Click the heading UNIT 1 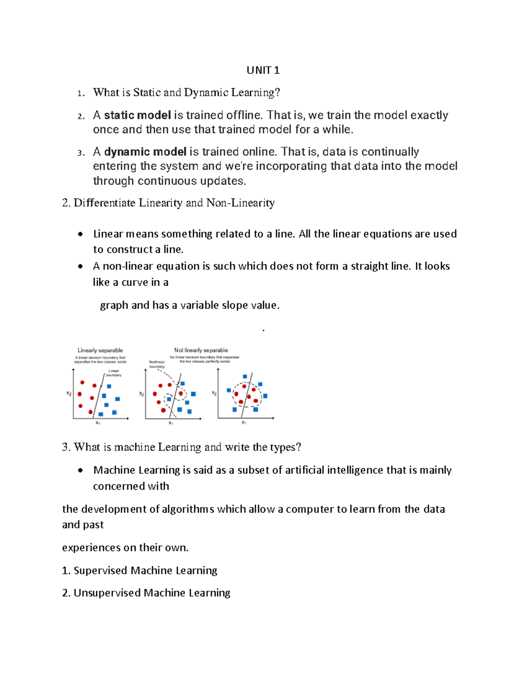click(263, 70)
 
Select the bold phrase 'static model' click(137, 115)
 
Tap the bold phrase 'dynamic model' click(145, 152)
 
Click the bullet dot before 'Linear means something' click(80, 234)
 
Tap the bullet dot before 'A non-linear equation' click(80, 266)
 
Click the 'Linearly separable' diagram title click(100, 350)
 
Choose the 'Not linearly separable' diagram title click(201, 350)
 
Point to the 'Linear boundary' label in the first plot click(113, 373)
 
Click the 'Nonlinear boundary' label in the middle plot click(157, 364)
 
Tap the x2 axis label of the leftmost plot click(69, 393)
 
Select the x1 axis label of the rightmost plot click(244, 422)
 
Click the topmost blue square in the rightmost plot click(245, 376)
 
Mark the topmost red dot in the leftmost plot click(82, 382)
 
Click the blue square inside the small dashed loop click(169, 399)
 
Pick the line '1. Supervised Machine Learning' click(140, 570)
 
